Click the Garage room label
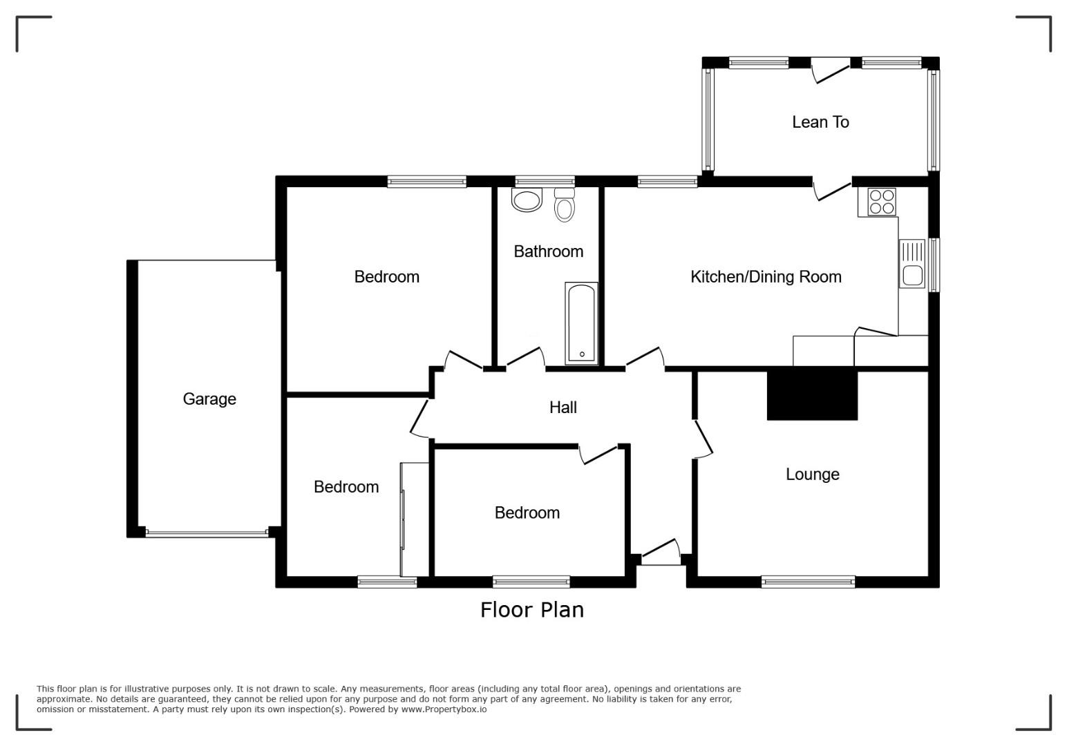209,399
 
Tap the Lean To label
820,122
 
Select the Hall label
563,408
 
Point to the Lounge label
812,474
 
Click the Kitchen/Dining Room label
766,276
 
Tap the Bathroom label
548,251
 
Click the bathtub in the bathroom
581,323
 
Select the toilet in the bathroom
565,204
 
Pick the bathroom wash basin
527,200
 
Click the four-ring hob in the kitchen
881,202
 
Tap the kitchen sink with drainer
912,264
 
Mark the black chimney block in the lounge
812,396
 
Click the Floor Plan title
532,611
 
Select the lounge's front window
808,582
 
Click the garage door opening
207,534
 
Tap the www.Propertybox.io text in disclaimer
444,709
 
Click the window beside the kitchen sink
934,265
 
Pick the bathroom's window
545,182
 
